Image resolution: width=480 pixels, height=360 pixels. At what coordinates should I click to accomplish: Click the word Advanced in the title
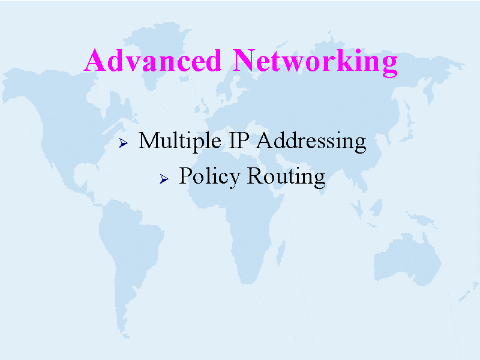(152, 61)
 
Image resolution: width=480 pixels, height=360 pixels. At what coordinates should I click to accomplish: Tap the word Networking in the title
(316, 62)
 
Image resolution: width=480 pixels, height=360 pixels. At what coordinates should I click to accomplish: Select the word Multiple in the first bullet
(179, 142)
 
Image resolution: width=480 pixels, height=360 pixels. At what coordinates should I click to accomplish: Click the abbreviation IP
(239, 140)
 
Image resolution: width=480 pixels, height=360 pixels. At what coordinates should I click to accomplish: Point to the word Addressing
(311, 142)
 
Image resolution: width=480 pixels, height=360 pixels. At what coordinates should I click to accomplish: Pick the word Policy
(209, 176)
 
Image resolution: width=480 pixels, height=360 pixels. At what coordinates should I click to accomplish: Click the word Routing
(286, 177)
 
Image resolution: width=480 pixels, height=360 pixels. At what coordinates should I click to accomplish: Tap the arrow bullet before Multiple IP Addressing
(123, 143)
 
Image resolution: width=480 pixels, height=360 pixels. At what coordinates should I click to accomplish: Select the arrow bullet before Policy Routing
(164, 179)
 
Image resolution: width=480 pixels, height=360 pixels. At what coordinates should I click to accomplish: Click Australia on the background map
(407, 259)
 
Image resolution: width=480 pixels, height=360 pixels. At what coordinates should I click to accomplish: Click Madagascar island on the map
(281, 253)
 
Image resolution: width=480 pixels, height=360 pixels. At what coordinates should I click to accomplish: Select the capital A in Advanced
(95, 61)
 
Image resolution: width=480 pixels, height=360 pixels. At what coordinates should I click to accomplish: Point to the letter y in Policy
(234, 180)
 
